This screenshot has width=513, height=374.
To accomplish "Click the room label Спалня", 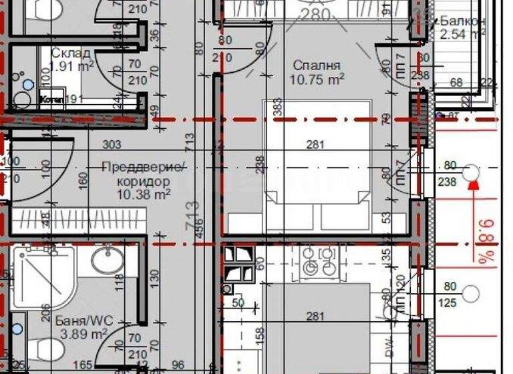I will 317,65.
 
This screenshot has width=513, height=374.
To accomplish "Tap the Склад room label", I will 67,53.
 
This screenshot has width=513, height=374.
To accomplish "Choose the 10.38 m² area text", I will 144,194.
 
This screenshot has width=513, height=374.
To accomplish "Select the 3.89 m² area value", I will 82,333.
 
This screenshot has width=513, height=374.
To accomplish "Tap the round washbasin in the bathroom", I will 107,260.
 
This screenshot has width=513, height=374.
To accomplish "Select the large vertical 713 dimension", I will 194,216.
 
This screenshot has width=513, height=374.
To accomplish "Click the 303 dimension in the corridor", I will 112,144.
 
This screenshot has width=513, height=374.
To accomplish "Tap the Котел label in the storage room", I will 51,100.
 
